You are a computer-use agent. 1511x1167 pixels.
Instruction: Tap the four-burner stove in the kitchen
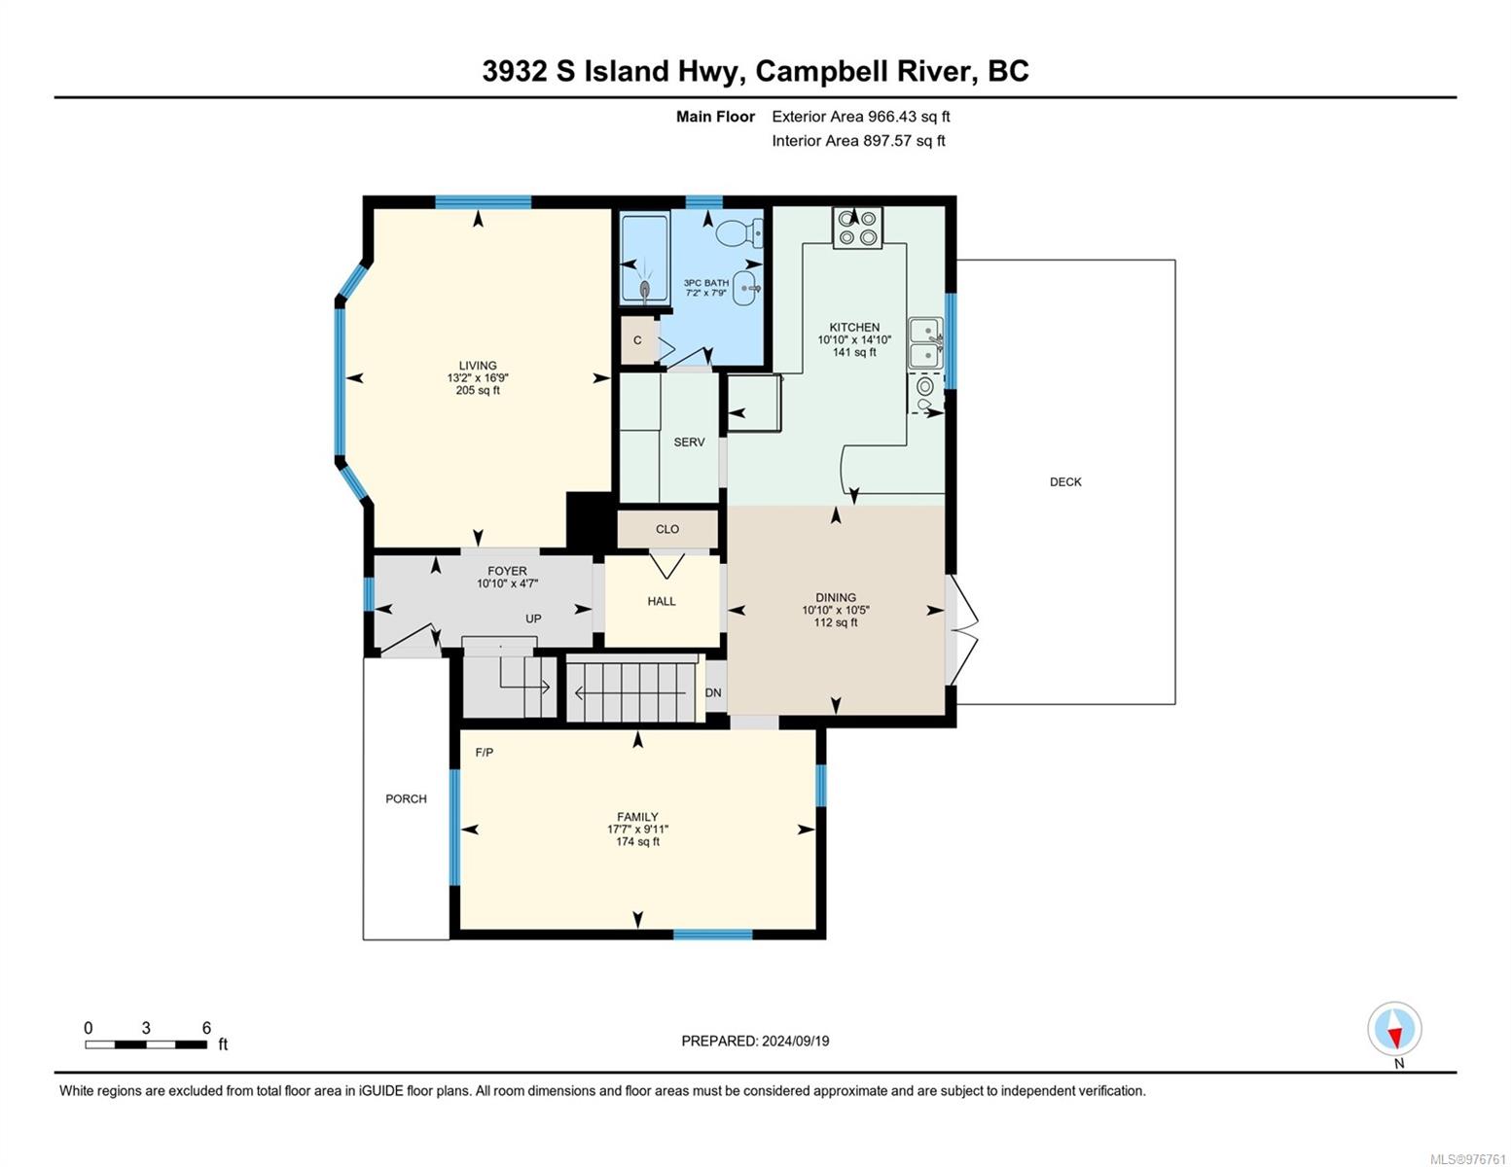(857, 228)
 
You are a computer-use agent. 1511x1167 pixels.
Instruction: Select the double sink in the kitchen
(925, 343)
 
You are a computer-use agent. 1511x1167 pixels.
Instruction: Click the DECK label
(1065, 481)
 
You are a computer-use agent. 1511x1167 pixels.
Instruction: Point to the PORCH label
(406, 798)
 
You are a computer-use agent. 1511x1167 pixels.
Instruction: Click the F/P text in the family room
(484, 752)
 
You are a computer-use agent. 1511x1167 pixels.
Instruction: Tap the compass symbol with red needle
(1394, 1029)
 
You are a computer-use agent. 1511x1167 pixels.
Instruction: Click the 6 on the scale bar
(206, 1027)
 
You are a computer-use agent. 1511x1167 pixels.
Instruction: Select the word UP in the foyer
(533, 619)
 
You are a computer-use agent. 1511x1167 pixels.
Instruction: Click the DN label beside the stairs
(713, 693)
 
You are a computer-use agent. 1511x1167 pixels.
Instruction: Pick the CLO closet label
(666, 529)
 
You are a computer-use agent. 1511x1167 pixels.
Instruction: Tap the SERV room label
(689, 442)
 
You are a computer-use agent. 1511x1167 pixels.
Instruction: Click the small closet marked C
(637, 340)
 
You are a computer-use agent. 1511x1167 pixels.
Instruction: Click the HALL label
(662, 601)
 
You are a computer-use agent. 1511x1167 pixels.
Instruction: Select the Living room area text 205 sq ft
(478, 390)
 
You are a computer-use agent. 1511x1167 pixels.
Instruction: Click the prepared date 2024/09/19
(796, 1042)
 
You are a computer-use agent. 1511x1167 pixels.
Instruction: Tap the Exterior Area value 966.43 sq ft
(909, 117)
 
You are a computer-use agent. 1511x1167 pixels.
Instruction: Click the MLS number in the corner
(1467, 1159)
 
